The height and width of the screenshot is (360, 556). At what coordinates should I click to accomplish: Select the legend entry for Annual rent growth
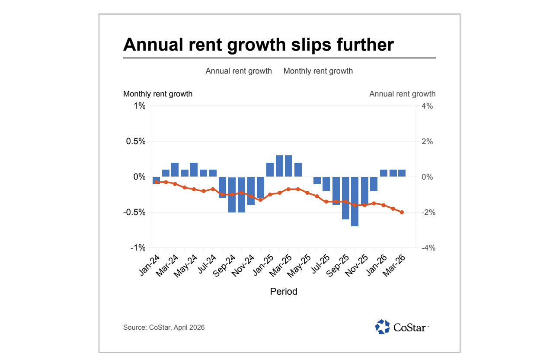239,71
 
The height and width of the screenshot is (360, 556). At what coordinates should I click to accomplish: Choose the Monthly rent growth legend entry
318,71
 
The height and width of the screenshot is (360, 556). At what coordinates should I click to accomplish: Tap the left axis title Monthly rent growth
158,94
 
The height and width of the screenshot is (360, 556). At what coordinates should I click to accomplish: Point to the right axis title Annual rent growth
402,94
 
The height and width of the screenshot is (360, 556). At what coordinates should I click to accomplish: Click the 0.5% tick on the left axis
135,141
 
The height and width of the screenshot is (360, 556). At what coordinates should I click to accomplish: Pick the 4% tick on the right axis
427,106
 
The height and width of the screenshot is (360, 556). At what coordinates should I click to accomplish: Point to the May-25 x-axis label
300,265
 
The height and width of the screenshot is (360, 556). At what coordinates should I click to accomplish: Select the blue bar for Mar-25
289,166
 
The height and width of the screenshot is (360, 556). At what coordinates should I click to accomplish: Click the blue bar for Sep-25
345,198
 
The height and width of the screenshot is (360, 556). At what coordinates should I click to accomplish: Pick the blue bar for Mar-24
175,170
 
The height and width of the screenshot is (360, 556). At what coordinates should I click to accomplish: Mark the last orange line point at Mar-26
402,212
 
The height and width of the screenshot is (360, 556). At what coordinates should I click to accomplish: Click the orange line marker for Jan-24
157,182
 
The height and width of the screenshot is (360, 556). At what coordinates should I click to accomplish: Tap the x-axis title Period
284,292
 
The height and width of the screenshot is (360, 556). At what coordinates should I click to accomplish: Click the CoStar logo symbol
382,327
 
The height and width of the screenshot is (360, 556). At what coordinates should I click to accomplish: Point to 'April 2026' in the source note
189,328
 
